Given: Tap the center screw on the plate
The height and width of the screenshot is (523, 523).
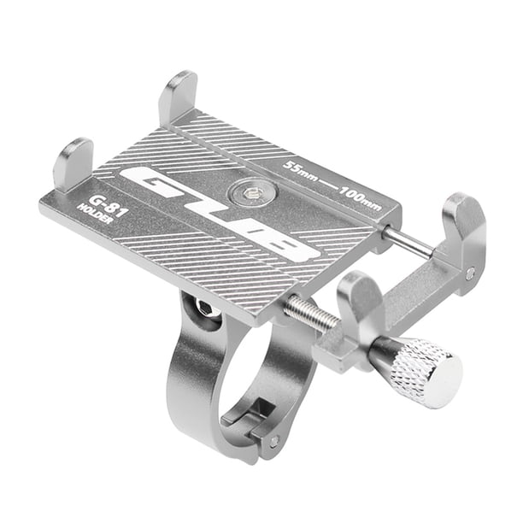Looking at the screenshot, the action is (252, 193).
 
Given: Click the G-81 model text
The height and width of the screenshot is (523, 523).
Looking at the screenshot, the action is (107, 206).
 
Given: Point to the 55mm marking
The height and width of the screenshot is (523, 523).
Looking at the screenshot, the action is (300, 170).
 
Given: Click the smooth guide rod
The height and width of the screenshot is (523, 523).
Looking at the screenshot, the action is (408, 241).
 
